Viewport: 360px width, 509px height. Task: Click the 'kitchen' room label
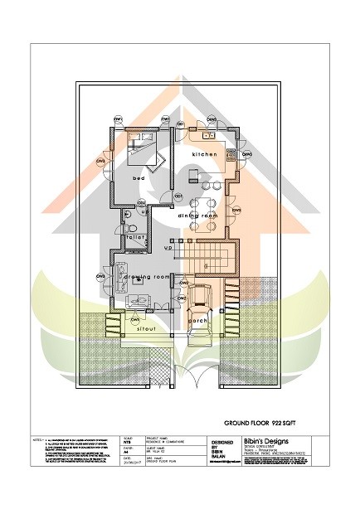(204, 155)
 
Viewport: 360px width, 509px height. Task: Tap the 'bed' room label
(139, 178)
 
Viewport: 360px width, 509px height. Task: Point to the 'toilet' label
(136, 238)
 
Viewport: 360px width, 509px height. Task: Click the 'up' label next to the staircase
(168, 248)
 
